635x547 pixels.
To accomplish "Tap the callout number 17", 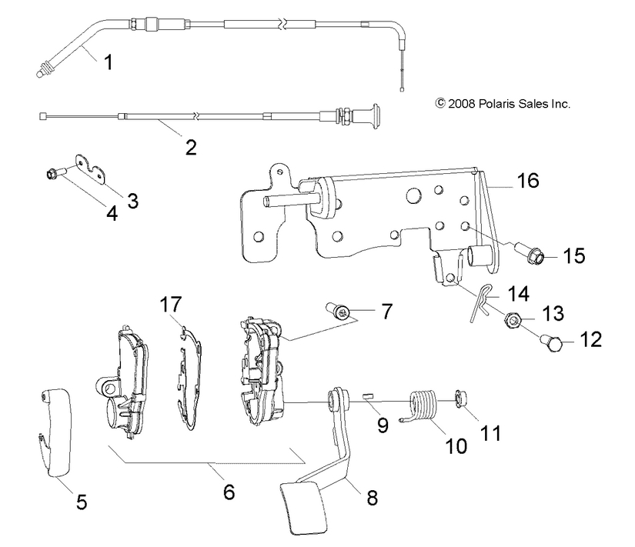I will click(172, 304).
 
